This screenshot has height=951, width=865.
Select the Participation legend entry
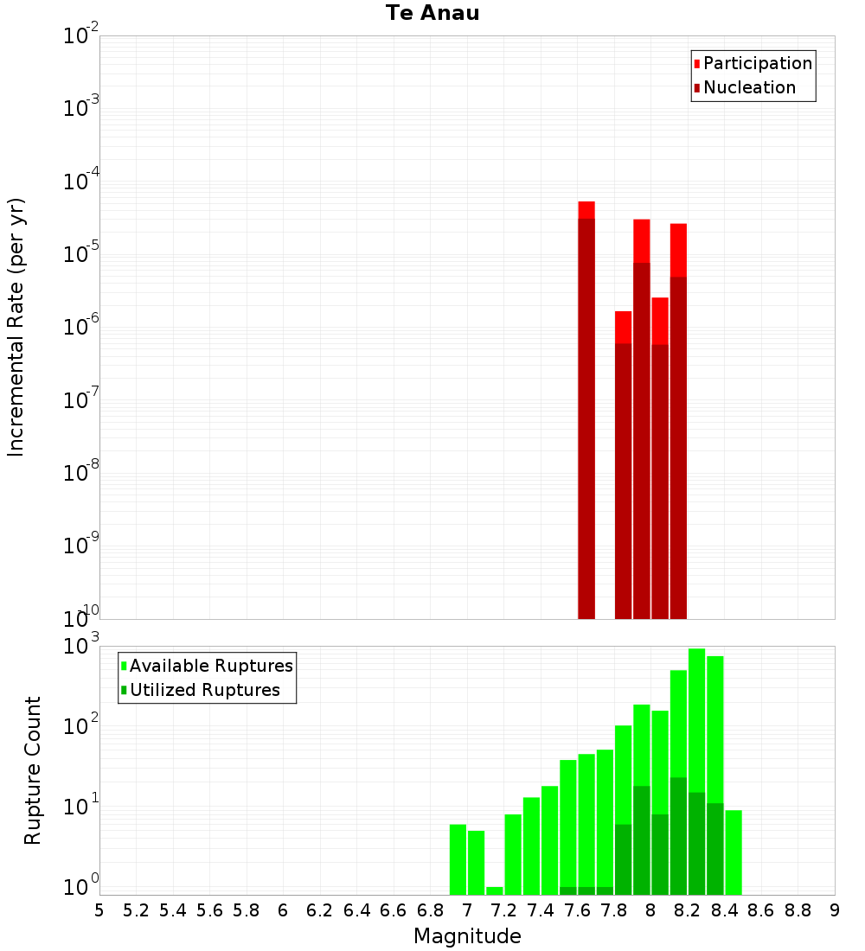point(757,63)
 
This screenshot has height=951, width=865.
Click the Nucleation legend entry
point(748,87)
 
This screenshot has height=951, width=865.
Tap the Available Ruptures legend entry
point(210,666)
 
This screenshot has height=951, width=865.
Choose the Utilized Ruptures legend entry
point(204,690)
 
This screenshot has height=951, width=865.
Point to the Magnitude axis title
point(467,936)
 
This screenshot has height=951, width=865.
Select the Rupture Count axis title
point(33,770)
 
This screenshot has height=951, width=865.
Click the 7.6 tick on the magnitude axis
point(577,910)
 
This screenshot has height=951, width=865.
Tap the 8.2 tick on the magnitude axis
point(688,910)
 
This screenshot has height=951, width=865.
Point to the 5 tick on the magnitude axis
point(99,910)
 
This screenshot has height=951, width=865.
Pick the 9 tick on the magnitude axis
point(835,910)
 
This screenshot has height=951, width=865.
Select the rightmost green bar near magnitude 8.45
point(734,852)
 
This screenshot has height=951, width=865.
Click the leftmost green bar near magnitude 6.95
point(458,859)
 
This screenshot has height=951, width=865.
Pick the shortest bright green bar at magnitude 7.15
point(495,890)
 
